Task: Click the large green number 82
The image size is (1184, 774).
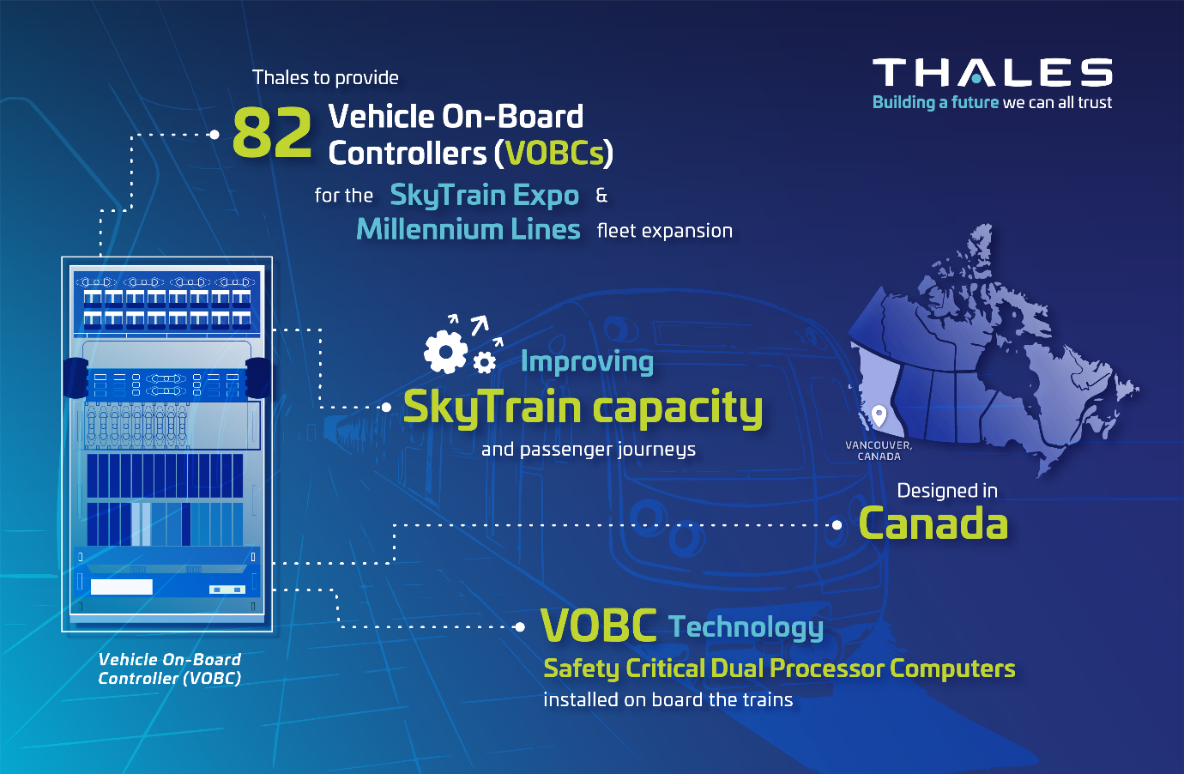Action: (x=272, y=131)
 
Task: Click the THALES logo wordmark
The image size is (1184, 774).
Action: (x=992, y=72)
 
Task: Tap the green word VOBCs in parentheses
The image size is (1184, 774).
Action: (x=554, y=154)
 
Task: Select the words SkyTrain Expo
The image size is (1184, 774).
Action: (x=484, y=196)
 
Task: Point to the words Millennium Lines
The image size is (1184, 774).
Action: (x=468, y=230)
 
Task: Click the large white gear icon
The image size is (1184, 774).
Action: (x=445, y=352)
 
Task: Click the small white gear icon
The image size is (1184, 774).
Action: (x=484, y=363)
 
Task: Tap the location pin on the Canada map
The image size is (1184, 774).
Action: (x=879, y=416)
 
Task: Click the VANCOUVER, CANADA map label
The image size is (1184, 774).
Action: (x=879, y=451)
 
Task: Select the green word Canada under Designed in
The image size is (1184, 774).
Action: (x=933, y=523)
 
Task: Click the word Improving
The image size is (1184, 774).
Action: (x=587, y=363)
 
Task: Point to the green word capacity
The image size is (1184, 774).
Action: (x=678, y=408)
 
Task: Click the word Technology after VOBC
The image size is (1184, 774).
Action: (x=746, y=627)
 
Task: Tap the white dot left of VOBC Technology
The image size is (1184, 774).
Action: (x=520, y=627)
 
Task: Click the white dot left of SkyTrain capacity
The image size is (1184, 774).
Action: (x=386, y=407)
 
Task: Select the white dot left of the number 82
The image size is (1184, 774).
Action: (x=214, y=135)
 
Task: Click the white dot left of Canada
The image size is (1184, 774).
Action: (x=837, y=525)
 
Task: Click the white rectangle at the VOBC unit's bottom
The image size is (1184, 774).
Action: (x=122, y=587)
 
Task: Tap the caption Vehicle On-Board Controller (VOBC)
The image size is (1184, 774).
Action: (x=170, y=668)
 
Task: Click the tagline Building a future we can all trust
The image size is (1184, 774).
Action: (x=992, y=103)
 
